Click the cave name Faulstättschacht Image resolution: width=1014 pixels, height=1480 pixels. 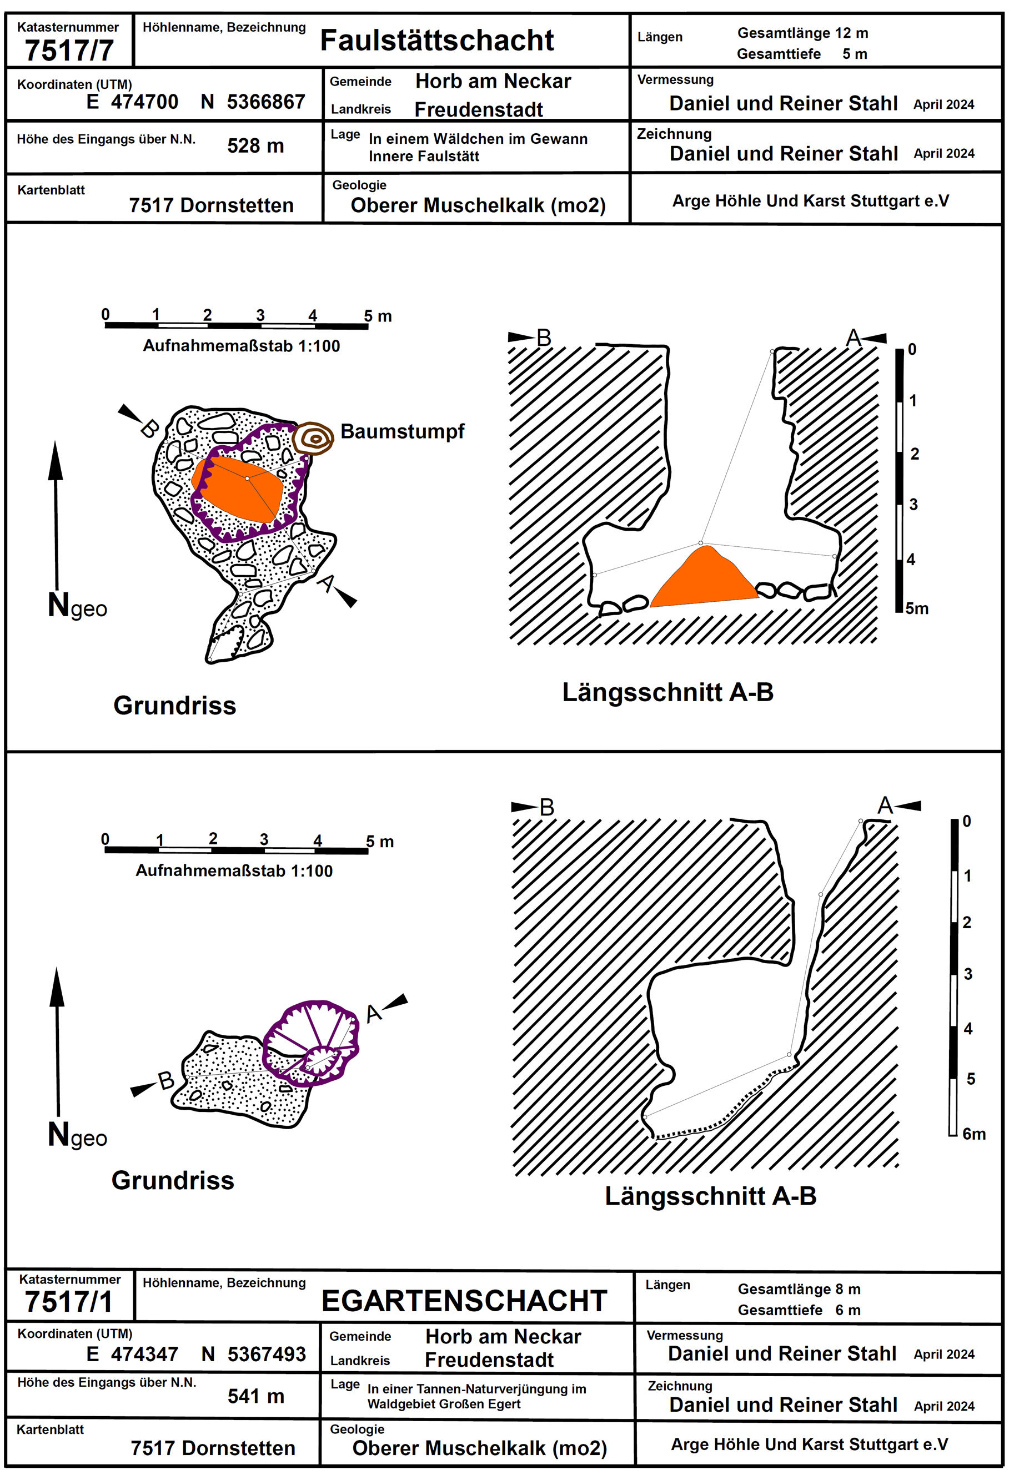[x=437, y=40]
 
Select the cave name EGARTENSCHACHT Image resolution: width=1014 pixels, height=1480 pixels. [x=464, y=1301]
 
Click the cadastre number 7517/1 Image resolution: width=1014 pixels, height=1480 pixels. [x=69, y=1302]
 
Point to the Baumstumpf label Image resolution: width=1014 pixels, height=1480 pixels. [x=402, y=431]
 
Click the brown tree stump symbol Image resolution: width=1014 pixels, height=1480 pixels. [x=314, y=438]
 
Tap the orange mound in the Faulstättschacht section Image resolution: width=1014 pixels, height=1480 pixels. [x=704, y=580]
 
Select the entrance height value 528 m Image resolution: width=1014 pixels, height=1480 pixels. [x=255, y=146]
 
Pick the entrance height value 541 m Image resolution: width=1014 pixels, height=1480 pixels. [x=255, y=1396]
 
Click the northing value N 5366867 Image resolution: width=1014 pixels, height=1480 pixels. [x=253, y=102]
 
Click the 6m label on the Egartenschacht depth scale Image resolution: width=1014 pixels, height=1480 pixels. [x=974, y=1134]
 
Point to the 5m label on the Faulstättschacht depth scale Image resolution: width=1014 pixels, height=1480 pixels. [x=917, y=608]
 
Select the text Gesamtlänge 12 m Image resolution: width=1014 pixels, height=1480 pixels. [x=802, y=33]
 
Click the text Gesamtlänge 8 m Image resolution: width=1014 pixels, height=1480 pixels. [x=799, y=1289]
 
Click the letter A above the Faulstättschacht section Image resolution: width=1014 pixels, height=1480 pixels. [x=854, y=338]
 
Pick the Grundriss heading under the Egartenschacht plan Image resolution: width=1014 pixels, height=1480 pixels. [x=173, y=1180]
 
